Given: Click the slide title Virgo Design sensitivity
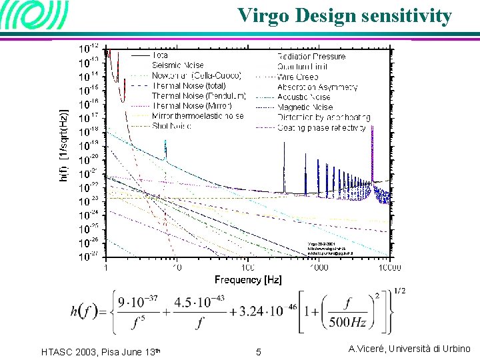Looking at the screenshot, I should click(345, 15).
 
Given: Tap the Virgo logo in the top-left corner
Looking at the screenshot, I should click(35, 16).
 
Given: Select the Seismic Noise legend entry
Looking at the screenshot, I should click(179, 65).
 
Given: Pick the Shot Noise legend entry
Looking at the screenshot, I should click(171, 126).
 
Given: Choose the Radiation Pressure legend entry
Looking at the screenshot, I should click(311, 57).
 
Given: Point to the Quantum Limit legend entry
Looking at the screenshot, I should click(306, 67).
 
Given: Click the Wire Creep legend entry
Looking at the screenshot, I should click(298, 77).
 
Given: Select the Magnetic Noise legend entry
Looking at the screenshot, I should click(305, 107).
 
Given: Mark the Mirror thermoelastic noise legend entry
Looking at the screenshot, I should click(197, 116).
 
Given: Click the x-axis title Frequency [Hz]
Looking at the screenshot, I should click(248, 279).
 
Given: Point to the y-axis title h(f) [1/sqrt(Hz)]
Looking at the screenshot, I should click(65, 145).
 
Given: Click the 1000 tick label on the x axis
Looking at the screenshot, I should click(319, 267).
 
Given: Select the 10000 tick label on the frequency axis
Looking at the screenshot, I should click(389, 267).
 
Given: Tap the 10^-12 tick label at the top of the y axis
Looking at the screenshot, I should click(90, 49).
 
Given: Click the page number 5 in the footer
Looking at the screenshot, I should click(259, 351).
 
